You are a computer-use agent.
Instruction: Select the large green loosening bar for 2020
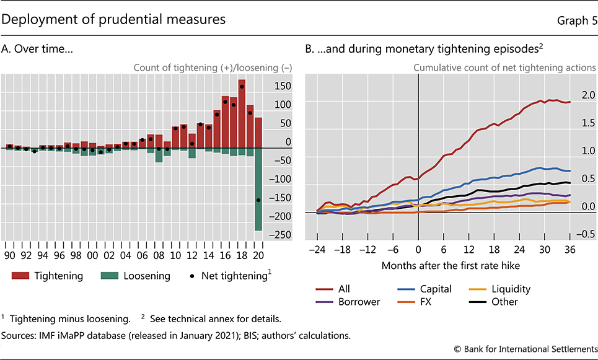tap(258, 190)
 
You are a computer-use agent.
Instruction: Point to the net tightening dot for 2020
tap(258, 200)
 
